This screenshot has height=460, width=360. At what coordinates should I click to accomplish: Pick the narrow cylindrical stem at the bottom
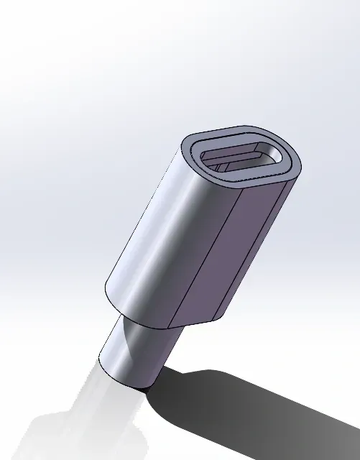tap(137, 352)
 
